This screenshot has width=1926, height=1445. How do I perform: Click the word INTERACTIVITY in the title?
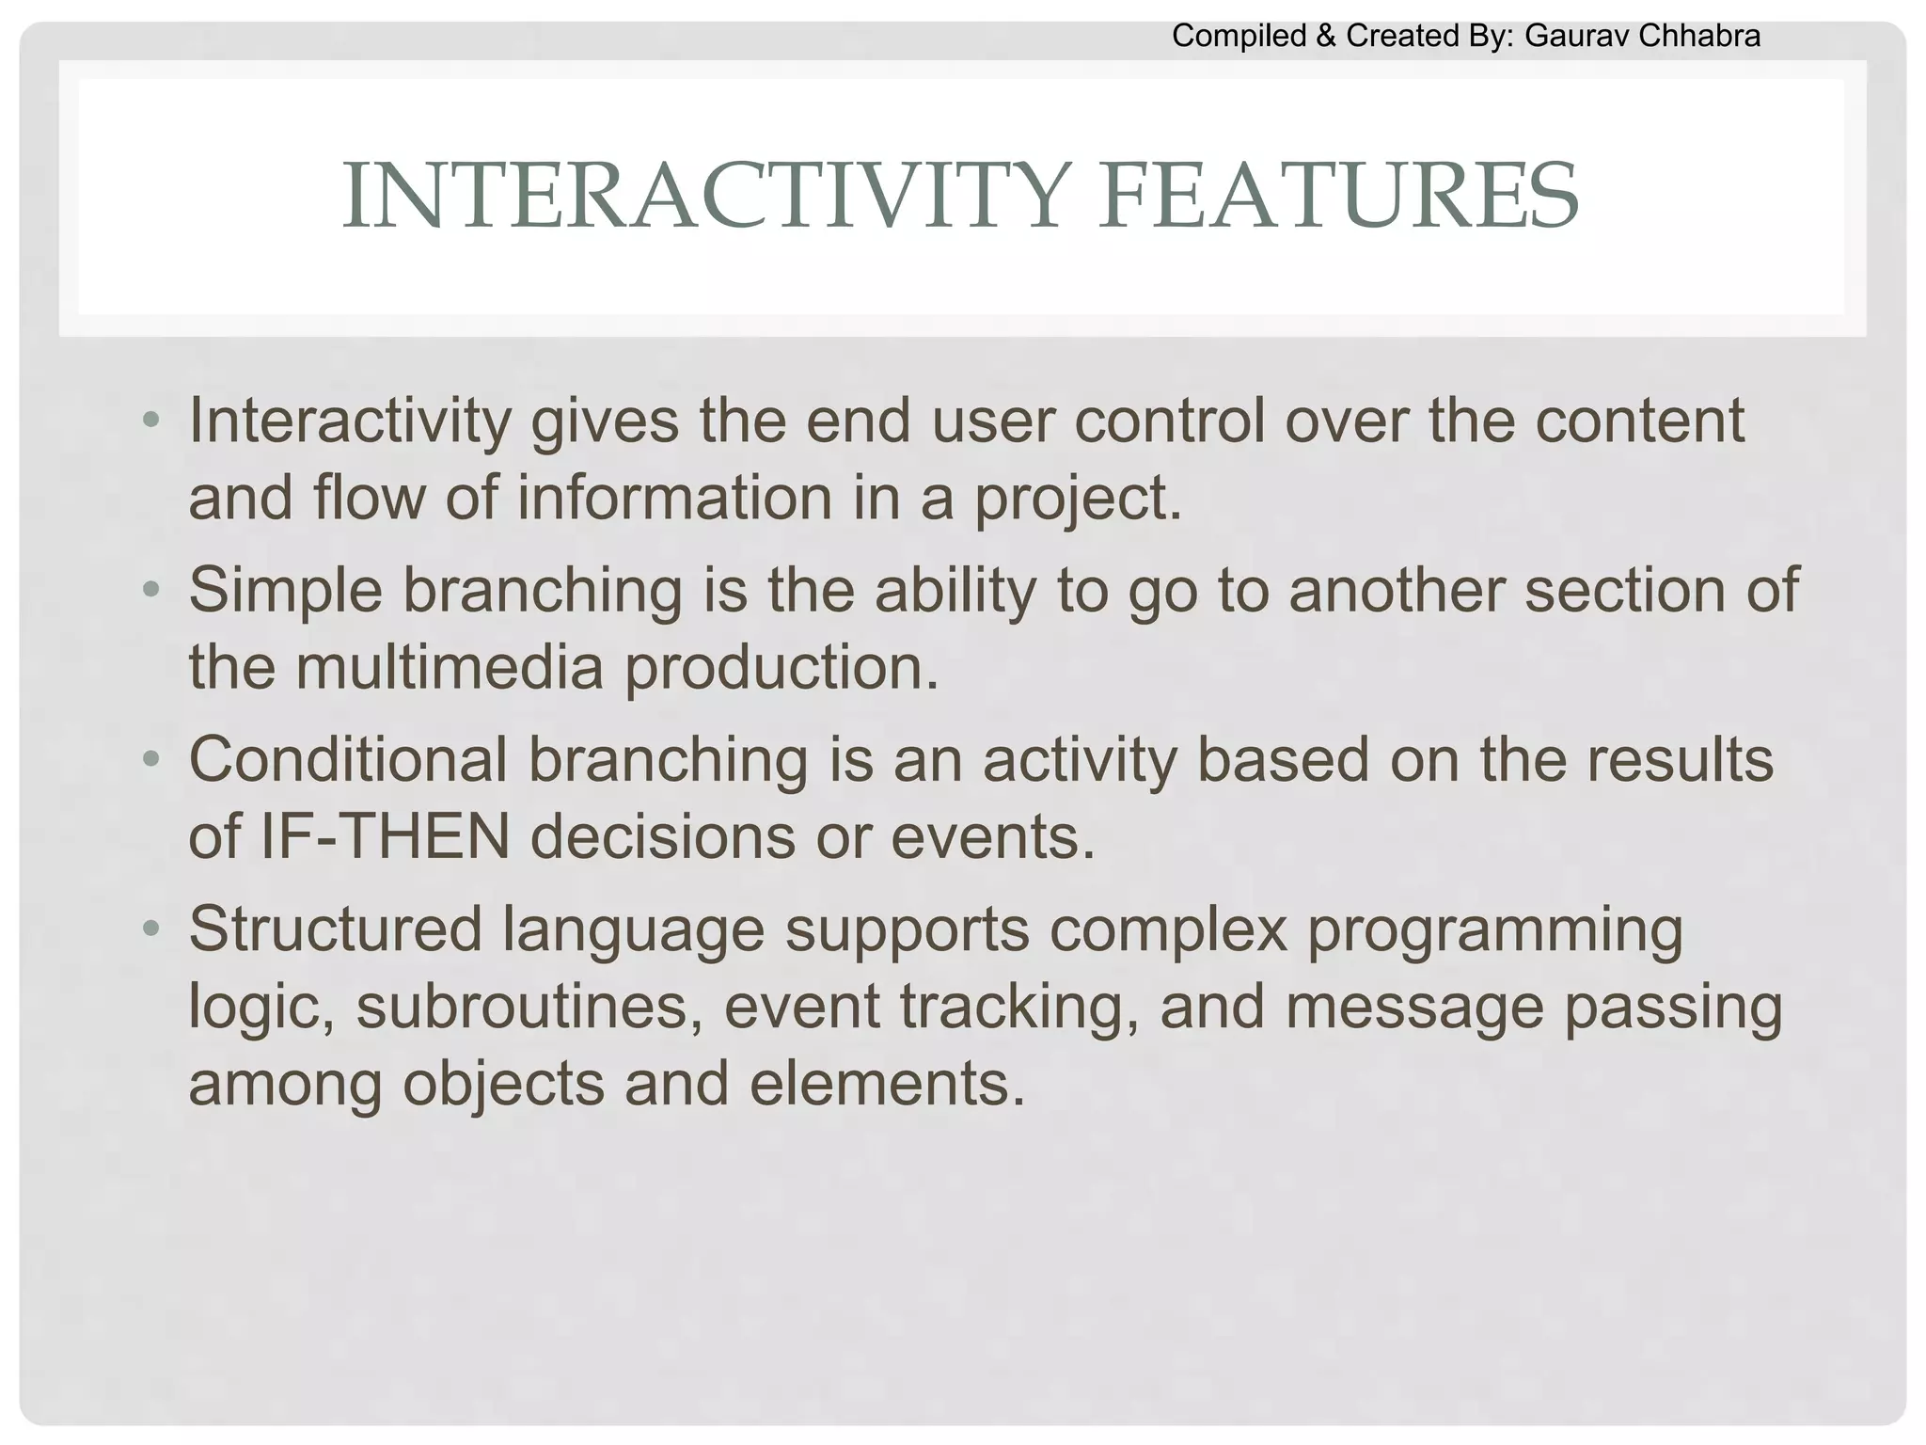coord(702,197)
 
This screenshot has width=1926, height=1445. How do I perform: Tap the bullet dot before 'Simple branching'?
coord(150,591)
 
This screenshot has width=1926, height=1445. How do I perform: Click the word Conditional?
coord(348,759)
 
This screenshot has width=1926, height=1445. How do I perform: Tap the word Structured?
coord(336,929)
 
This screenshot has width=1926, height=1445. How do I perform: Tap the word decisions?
coord(663,836)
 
